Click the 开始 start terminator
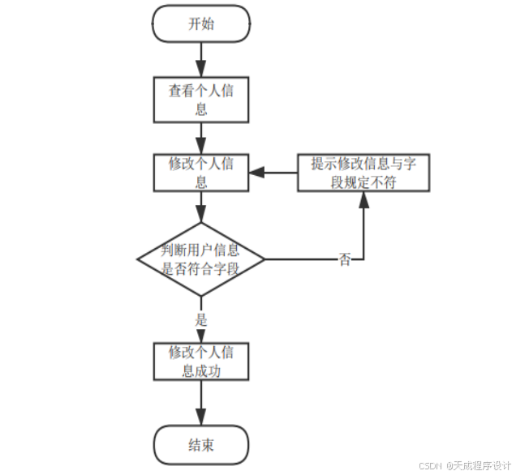click(200, 24)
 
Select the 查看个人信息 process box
click(200, 98)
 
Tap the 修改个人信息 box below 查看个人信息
click(200, 172)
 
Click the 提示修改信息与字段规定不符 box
click(363, 172)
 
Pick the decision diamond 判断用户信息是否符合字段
click(200, 259)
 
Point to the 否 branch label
click(346, 259)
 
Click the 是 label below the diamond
click(201, 319)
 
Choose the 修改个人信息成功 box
click(200, 362)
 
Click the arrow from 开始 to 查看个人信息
click(200, 59)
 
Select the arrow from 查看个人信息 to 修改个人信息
click(200, 135)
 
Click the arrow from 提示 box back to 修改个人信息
click(272, 172)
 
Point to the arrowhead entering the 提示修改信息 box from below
click(363, 199)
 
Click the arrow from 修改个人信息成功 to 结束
click(200, 402)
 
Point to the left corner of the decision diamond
click(137, 259)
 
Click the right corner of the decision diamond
click(264, 259)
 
